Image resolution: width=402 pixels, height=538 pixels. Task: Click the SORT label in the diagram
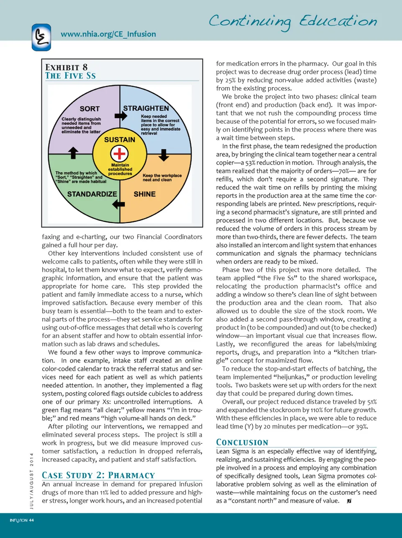[90, 109]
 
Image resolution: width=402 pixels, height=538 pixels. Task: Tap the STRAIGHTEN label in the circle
[146, 108]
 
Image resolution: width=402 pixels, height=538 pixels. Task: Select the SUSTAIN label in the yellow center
[120, 140]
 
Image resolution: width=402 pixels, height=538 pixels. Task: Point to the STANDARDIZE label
[92, 194]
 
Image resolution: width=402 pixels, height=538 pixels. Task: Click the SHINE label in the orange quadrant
[144, 194]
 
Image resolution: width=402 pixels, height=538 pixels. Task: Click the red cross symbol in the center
[120, 153]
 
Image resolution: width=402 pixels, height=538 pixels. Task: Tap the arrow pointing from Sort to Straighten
[121, 116]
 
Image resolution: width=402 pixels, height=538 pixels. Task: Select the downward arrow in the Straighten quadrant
[164, 155]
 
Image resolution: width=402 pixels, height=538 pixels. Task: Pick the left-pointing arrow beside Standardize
[119, 204]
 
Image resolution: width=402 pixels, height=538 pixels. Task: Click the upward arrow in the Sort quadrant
[73, 153]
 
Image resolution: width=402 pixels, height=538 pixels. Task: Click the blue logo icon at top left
[41, 37]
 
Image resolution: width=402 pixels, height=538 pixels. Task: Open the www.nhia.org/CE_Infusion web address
[108, 34]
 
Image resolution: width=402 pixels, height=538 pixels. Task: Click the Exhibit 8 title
[67, 67]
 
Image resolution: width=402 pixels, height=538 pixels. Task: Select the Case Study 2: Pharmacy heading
[98, 475]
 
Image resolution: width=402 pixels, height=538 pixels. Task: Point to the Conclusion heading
[242, 442]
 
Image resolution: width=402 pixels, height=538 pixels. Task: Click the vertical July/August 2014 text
[32, 481]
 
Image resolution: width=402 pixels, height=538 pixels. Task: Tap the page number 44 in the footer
[31, 520]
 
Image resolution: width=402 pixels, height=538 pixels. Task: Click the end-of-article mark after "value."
[349, 501]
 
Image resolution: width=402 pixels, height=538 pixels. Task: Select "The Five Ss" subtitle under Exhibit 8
[70, 76]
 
